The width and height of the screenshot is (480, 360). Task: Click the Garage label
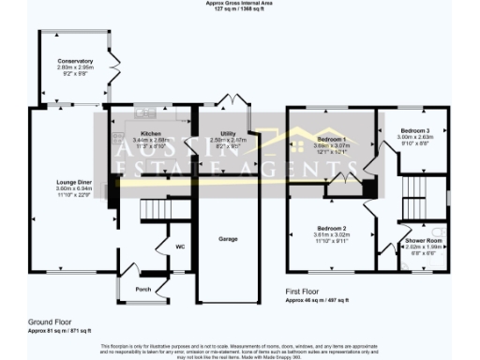[x=228, y=239]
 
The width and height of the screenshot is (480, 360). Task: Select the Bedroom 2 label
[x=331, y=229]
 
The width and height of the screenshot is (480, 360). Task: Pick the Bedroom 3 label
[x=413, y=131]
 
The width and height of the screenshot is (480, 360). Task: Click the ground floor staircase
[x=149, y=213]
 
